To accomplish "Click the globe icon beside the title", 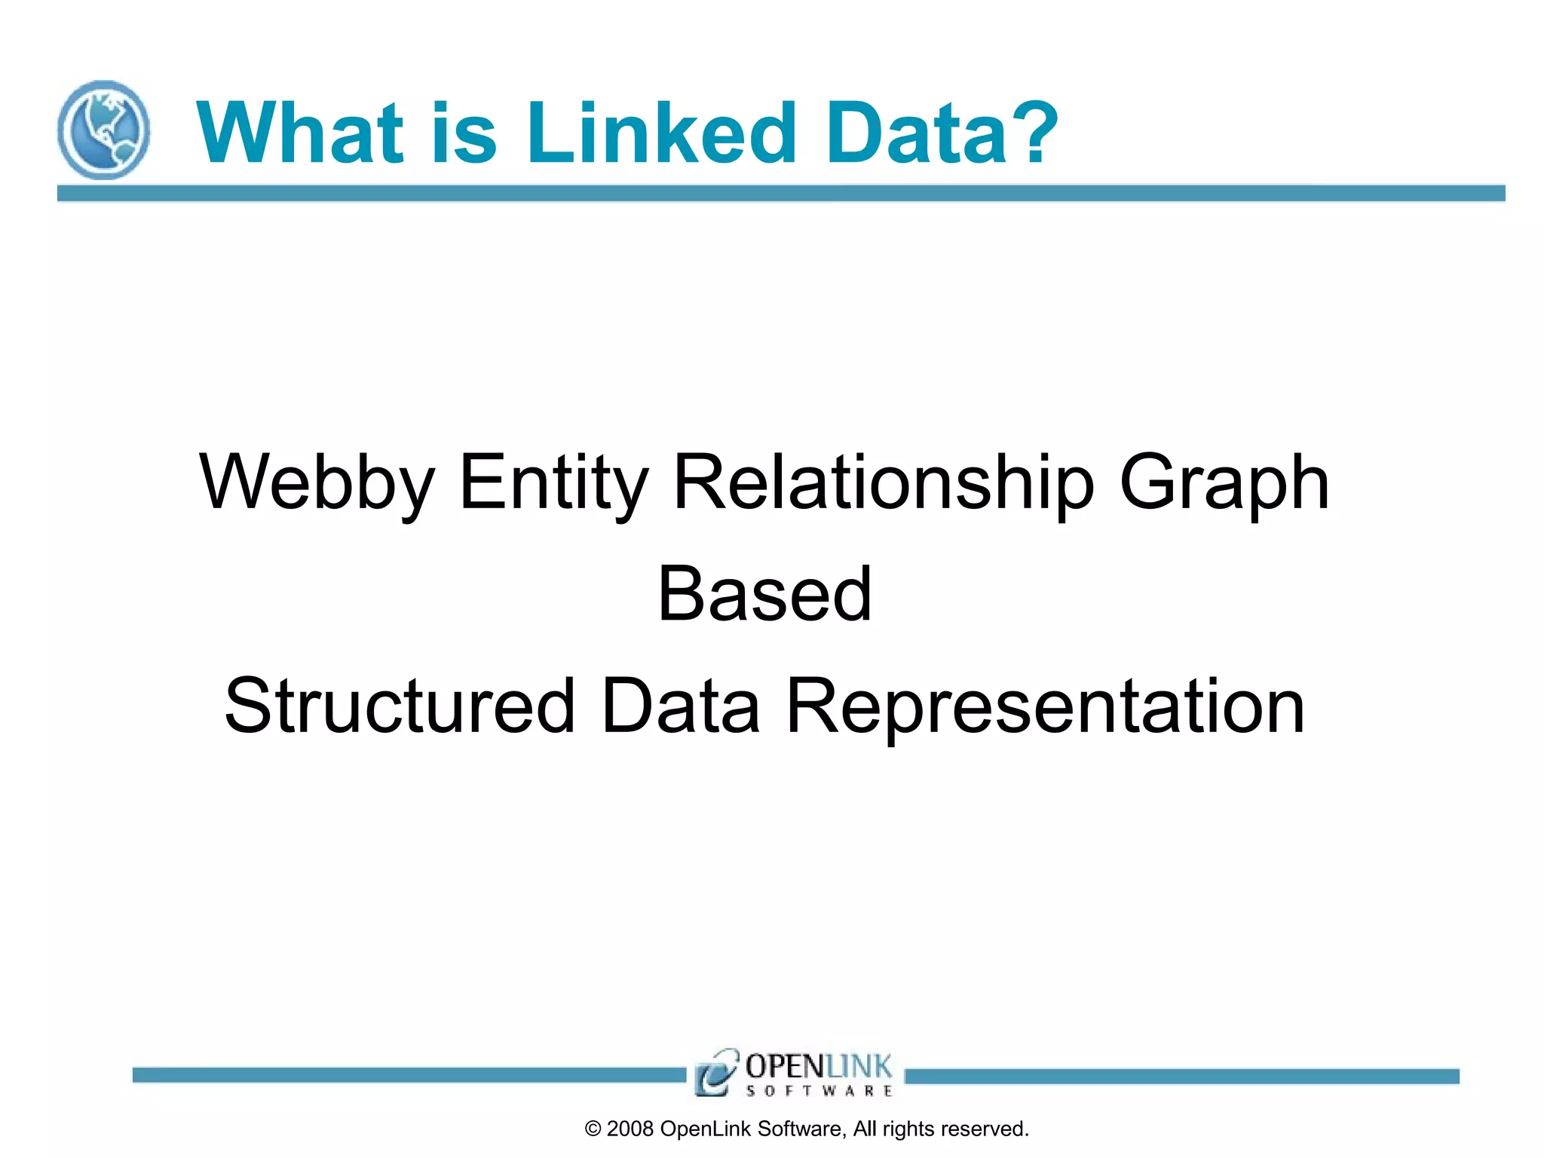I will [x=103, y=130].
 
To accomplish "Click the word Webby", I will [x=317, y=482].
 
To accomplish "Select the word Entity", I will [x=553, y=482].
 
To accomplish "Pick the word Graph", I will [x=1224, y=482].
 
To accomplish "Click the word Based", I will [x=764, y=594].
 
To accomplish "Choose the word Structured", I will [x=400, y=706].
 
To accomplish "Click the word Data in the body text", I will [x=681, y=706].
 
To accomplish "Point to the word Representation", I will [x=1045, y=706].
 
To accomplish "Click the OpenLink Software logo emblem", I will [x=715, y=1072].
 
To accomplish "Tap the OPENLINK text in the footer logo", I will [x=819, y=1066].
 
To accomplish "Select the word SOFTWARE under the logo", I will [x=819, y=1091].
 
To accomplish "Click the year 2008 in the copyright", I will [x=630, y=1129].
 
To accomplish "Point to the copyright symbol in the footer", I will [x=593, y=1129].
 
